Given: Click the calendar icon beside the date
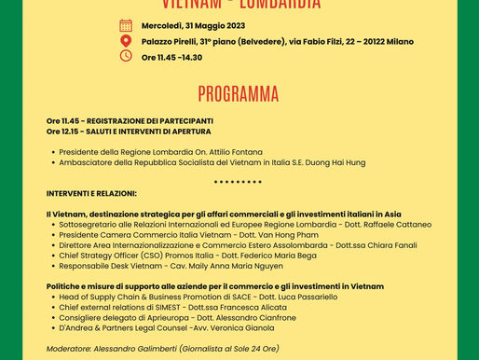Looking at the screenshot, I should coord(126,25).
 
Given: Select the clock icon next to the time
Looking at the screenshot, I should coord(126,56).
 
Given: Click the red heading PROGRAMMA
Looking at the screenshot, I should coord(239,94).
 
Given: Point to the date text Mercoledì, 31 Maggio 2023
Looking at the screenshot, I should coord(193,25).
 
